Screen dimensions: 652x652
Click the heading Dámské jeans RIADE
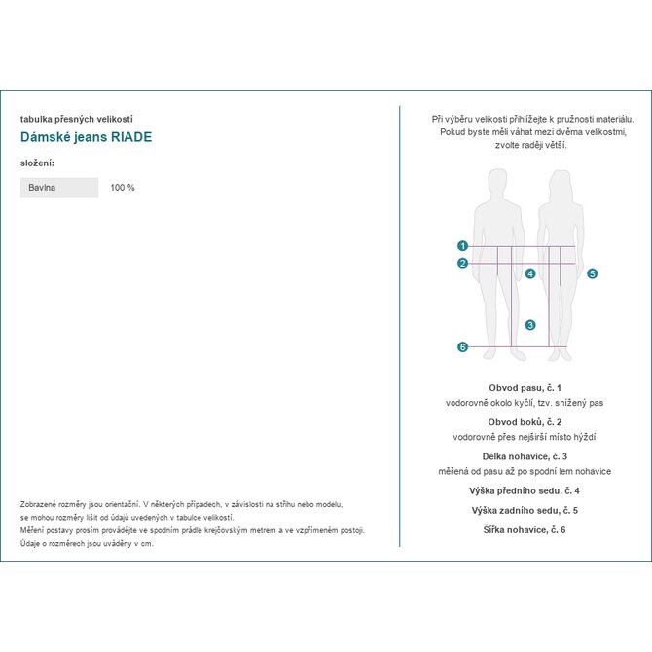coord(86,137)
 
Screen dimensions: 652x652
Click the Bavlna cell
coord(59,187)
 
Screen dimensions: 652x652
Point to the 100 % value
coord(123,187)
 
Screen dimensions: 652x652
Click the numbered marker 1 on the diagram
coord(463,246)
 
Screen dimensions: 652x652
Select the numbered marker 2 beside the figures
coord(463,263)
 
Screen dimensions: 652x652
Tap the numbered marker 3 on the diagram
coord(530,325)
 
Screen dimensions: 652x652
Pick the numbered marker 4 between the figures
coord(530,274)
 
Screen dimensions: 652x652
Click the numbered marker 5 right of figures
coord(593,274)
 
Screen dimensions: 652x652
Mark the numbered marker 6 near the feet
coord(463,347)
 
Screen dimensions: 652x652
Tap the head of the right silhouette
coord(559,182)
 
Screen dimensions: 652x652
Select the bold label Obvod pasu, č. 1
coord(525,387)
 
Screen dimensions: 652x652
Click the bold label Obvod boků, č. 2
coord(525,422)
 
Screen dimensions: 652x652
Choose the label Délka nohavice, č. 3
coord(525,456)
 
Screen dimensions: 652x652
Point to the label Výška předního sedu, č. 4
coord(525,490)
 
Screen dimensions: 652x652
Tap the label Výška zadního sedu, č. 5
coord(525,510)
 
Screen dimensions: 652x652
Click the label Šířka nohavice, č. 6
coord(525,529)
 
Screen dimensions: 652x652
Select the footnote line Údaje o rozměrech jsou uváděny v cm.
coord(87,543)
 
